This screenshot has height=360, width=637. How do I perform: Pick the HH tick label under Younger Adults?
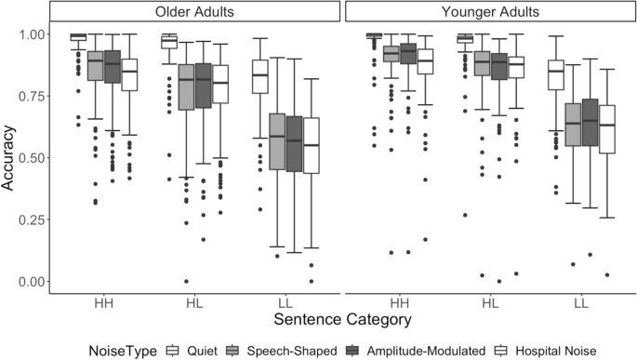click(397, 303)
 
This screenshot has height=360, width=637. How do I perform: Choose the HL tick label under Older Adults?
click(194, 303)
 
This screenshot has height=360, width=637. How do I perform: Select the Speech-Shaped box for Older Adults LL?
click(277, 141)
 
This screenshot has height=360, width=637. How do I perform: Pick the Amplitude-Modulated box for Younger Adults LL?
click(589, 125)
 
